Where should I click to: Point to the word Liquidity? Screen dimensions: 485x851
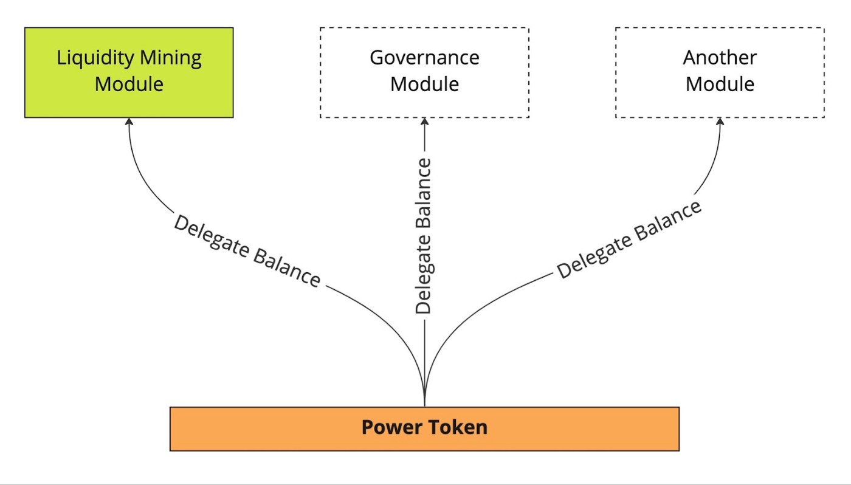94,58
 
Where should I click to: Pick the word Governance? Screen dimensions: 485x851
424,58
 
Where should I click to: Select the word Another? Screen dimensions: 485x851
720,58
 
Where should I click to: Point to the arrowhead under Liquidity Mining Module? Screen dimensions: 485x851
129,122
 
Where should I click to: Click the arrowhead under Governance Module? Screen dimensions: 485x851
424,122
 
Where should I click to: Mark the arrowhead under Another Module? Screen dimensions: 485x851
720,122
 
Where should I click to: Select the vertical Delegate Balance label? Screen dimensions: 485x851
423,236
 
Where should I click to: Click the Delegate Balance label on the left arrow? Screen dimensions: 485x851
246,251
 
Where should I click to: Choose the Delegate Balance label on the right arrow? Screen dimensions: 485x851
629,240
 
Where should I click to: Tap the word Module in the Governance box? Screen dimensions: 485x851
424,84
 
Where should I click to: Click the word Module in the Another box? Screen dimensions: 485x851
720,84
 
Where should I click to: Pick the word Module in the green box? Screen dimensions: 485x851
129,84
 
